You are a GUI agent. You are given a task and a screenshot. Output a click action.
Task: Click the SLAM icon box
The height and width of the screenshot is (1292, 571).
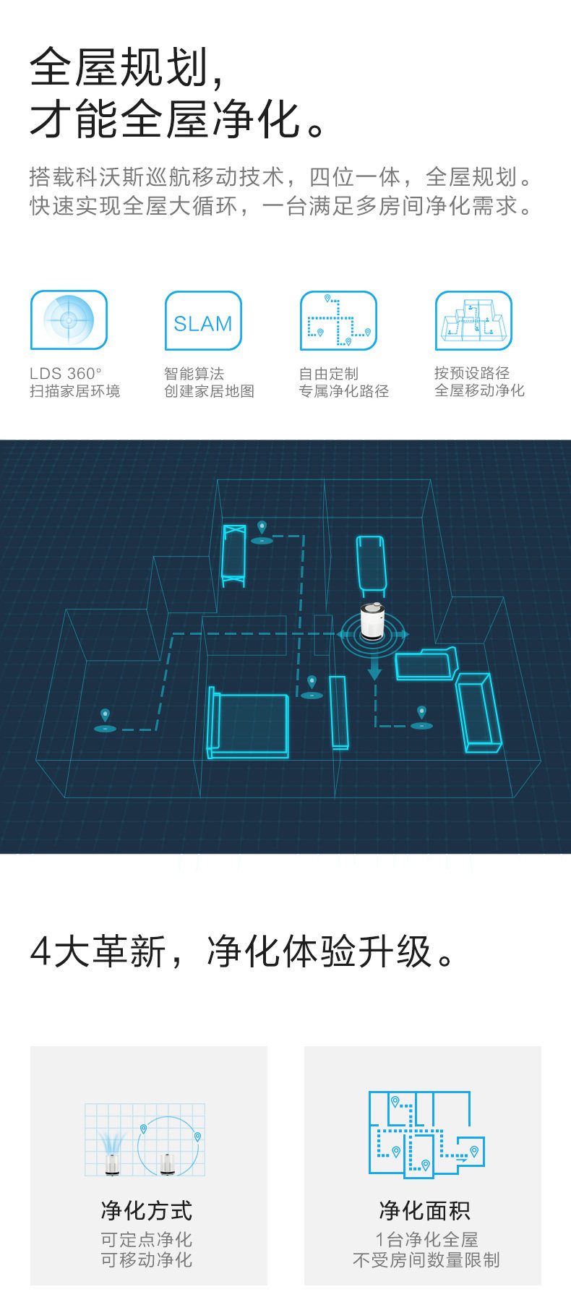tap(203, 321)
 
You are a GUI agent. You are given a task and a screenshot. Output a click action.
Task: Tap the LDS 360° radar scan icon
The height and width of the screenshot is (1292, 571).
tap(69, 320)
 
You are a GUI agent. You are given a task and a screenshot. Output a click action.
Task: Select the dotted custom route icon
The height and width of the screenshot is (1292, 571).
tap(338, 321)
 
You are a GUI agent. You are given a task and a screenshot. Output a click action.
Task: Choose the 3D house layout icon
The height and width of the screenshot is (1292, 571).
tap(473, 321)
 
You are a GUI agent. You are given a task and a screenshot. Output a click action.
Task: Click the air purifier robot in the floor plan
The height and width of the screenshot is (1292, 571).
tap(374, 623)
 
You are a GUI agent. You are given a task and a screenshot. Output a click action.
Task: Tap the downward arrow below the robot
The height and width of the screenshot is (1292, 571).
tap(374, 666)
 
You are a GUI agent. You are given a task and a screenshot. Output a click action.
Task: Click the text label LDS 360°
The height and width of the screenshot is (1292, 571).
tap(66, 373)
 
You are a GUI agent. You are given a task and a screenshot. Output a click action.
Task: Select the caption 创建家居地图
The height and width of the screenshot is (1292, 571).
tap(209, 391)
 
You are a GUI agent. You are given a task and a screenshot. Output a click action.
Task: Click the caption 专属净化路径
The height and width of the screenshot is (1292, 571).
tap(344, 391)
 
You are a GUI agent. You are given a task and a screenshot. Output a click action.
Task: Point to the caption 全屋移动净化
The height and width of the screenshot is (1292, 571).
tap(479, 390)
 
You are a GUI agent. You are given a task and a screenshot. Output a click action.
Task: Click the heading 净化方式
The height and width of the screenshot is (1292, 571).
tap(147, 1210)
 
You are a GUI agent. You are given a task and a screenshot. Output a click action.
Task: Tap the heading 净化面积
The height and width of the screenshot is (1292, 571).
tap(425, 1210)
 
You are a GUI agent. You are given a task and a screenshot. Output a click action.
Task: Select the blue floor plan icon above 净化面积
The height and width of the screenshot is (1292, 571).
tap(426, 1133)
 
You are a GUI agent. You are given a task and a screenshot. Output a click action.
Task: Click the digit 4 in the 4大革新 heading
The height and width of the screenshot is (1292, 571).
tap(40, 951)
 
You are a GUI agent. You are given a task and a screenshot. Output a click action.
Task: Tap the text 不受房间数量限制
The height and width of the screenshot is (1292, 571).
tap(426, 1260)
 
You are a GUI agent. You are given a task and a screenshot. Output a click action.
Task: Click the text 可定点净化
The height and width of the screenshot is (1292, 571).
tap(147, 1239)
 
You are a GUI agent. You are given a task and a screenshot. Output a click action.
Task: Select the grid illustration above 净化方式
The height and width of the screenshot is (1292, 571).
tap(145, 1139)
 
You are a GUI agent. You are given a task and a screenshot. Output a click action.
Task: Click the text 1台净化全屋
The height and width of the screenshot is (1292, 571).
tap(426, 1239)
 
